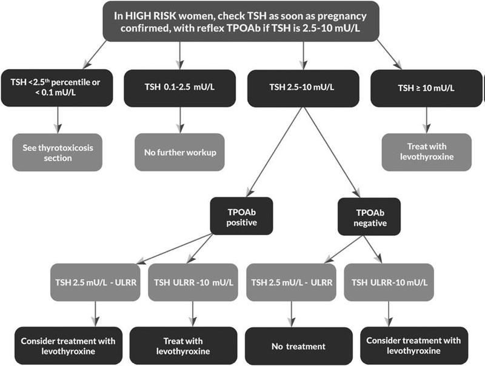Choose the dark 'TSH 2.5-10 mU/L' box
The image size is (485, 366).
click(302, 87)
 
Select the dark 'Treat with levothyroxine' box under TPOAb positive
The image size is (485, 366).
click(183, 346)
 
